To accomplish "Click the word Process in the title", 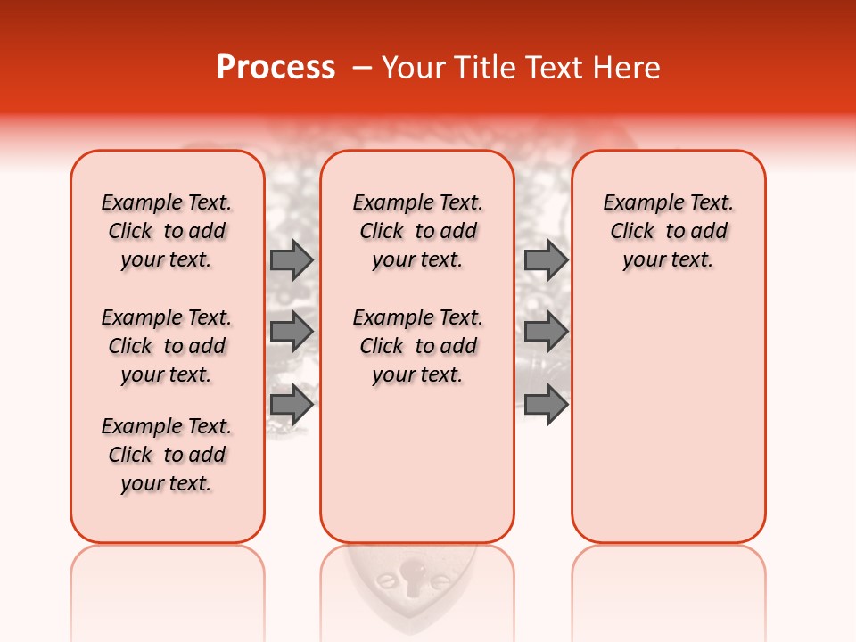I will (276, 68).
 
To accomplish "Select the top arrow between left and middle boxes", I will (292, 259).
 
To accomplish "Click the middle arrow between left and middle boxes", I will (292, 332).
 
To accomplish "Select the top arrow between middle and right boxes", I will (546, 259).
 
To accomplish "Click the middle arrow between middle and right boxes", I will (546, 332).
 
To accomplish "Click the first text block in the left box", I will (167, 231).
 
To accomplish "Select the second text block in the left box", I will (167, 346).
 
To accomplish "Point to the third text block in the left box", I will (167, 455).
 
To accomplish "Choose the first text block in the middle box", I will (417, 231).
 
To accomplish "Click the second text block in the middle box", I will (417, 346).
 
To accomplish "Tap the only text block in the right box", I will (668, 231).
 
